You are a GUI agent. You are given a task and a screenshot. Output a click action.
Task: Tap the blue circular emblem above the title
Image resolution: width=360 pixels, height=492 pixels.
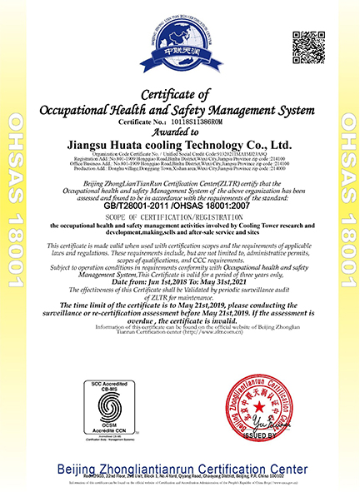181,42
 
